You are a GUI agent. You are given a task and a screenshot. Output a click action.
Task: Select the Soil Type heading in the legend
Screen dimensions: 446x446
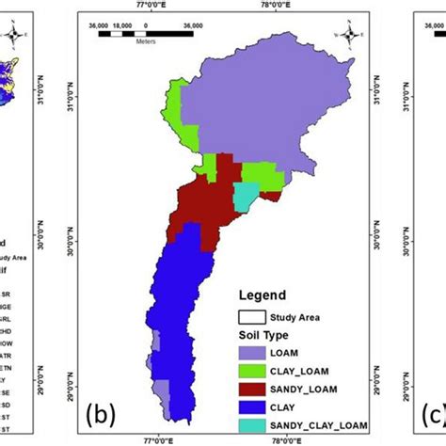click(263, 335)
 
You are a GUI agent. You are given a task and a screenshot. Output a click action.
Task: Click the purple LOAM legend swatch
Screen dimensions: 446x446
click(253, 351)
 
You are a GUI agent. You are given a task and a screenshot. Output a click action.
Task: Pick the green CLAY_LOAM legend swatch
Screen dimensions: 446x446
click(253, 370)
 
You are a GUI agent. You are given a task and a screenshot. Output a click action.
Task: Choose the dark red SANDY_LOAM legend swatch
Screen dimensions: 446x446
click(253, 388)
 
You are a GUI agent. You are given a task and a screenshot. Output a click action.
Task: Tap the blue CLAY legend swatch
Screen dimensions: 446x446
click(253, 406)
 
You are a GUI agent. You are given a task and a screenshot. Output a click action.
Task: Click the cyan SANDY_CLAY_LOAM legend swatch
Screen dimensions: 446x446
click(253, 425)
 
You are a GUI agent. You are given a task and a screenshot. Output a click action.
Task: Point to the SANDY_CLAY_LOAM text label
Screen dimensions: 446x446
click(321, 425)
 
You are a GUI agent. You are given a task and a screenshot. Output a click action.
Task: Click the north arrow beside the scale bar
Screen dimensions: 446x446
click(348, 36)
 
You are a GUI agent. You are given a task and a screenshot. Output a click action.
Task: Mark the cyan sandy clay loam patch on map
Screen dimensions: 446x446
click(245, 196)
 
